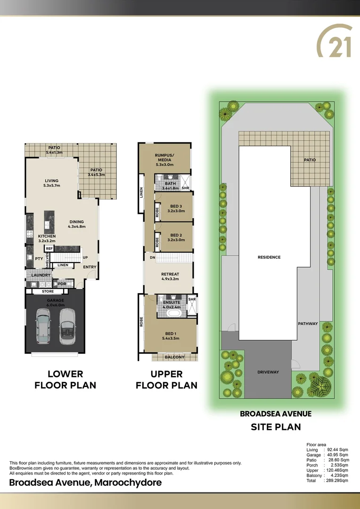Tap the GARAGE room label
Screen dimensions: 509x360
[55, 300]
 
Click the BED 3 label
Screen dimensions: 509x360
[176, 206]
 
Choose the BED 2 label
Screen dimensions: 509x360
[176, 235]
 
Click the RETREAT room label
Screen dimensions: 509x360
[170, 273]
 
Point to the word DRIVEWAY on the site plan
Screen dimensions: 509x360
[268, 372]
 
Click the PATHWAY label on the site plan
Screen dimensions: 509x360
[308, 324]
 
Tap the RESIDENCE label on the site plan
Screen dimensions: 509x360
[269, 257]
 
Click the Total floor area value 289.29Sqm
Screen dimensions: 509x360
[336, 481]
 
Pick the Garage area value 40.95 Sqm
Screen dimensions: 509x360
[336, 454]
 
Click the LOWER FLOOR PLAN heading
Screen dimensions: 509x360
[65, 379]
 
